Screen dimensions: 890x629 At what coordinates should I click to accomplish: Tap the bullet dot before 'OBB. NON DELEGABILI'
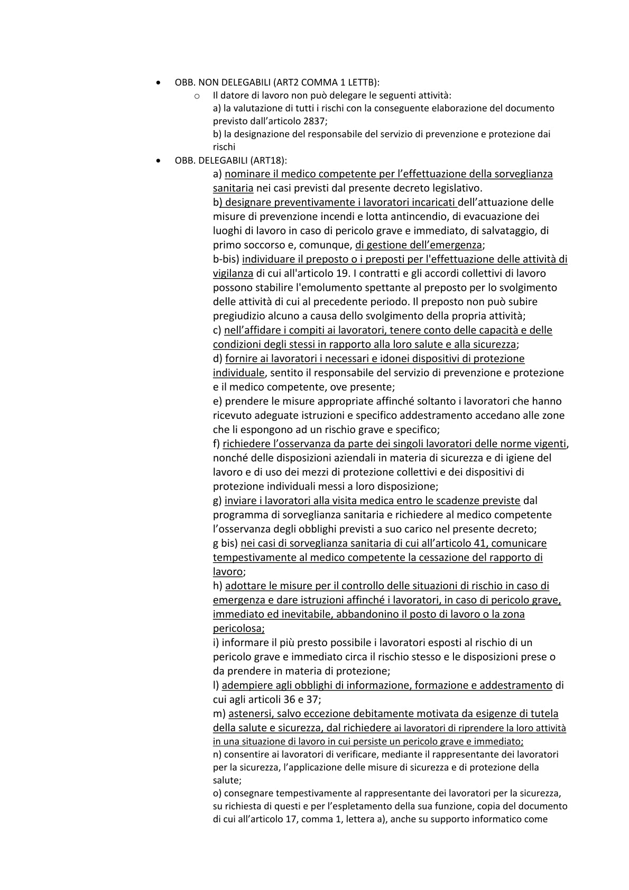[x=159, y=82]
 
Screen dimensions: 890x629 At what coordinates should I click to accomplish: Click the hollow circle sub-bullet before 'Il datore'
[x=197, y=96]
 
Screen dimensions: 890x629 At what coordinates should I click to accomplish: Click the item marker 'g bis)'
[x=225, y=543]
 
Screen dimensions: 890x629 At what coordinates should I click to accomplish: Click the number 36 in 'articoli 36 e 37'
[x=292, y=700]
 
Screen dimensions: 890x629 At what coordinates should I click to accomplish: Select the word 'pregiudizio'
[x=238, y=316]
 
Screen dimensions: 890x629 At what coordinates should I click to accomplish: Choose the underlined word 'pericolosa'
[x=237, y=629]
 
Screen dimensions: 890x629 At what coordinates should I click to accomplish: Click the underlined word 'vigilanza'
[x=233, y=273]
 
